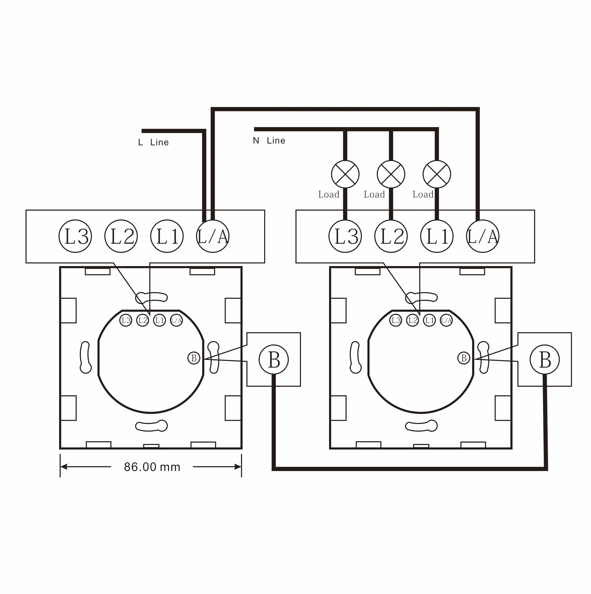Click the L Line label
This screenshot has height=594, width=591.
pyautogui.click(x=153, y=142)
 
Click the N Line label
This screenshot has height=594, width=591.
pyautogui.click(x=269, y=141)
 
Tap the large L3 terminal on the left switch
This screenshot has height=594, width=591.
pyautogui.click(x=75, y=236)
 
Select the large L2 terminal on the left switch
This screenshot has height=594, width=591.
pyautogui.click(x=121, y=236)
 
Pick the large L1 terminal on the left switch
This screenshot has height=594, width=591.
pyautogui.click(x=167, y=236)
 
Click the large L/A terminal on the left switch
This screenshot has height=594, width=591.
pyautogui.click(x=213, y=236)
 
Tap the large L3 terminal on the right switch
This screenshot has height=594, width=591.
pyautogui.click(x=345, y=236)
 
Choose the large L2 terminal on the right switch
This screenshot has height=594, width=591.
pyautogui.click(x=391, y=236)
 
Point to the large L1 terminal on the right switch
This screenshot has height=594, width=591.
pyautogui.click(x=437, y=236)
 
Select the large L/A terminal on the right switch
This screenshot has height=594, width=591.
pyautogui.click(x=483, y=236)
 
